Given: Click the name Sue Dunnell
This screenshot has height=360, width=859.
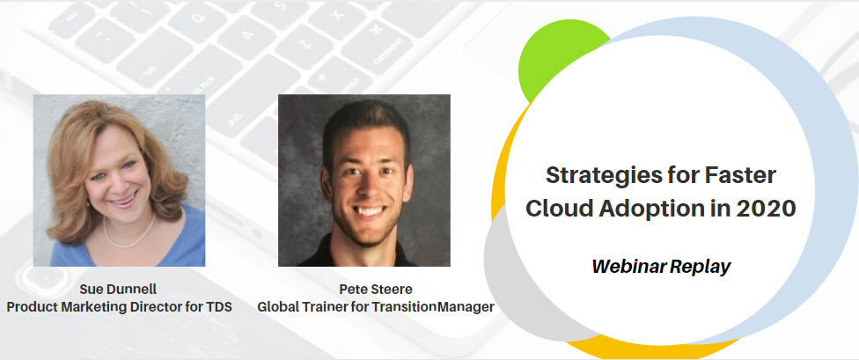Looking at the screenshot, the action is tap(119, 290).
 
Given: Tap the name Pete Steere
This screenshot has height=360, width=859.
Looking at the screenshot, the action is tap(375, 290).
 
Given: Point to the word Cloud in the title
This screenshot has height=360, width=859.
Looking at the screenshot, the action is tap(558, 209).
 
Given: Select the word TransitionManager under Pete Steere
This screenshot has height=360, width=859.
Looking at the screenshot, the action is tap(433, 307).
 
